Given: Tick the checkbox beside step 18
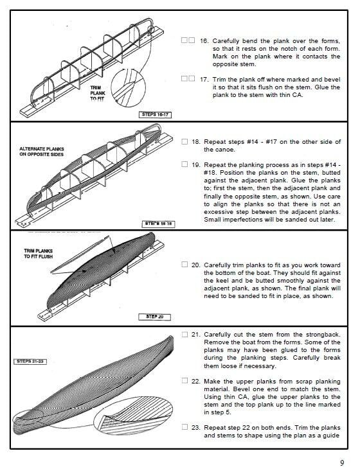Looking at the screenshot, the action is click(184, 141).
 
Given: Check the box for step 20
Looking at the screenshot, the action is click(184, 264).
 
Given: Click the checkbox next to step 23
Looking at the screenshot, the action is click(184, 427).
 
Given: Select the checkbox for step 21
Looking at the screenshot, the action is click(184, 334).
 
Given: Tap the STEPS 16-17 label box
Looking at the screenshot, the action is click(156, 115).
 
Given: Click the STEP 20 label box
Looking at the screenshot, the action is click(155, 317).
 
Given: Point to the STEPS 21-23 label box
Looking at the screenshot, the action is click(30, 362).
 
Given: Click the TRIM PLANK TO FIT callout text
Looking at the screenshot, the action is click(98, 94).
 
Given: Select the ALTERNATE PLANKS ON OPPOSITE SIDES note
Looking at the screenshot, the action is click(41, 152).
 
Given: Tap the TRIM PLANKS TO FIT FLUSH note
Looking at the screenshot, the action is click(39, 254).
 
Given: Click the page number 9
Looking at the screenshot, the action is click(342, 463).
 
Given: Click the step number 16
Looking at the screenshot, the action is click(204, 41).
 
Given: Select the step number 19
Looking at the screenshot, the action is click(196, 165).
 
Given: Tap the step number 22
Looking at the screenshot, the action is click(196, 382).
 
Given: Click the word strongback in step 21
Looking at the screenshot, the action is click(323, 335).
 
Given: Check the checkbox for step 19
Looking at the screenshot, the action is click(184, 164).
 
